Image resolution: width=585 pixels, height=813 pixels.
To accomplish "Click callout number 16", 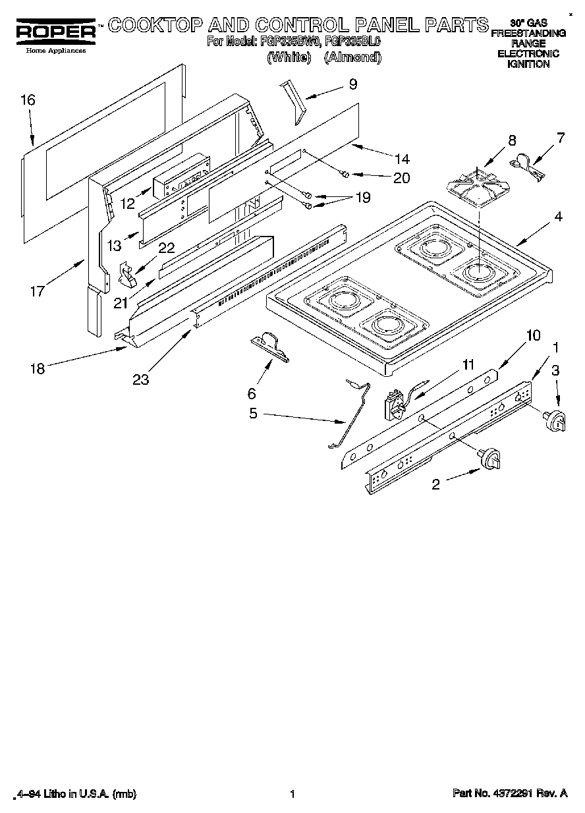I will [27, 100].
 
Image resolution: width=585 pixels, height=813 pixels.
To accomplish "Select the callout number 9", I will [353, 84].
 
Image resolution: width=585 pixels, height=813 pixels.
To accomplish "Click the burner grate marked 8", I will [478, 187].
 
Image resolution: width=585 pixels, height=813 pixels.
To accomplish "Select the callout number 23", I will [141, 379].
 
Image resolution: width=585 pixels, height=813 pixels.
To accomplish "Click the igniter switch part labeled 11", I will [397, 405].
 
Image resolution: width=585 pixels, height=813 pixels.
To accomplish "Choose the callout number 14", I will [401, 159].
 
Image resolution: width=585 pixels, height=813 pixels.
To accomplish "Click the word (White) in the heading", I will [289, 57].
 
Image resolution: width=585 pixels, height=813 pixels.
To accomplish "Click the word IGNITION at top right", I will [528, 64].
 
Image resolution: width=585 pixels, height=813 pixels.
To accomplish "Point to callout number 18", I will [38, 368].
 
